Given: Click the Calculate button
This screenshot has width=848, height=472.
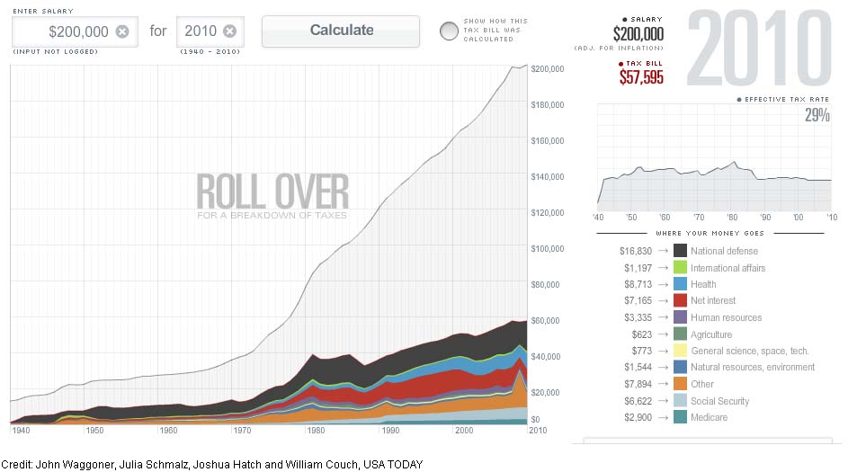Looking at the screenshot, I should [x=341, y=31].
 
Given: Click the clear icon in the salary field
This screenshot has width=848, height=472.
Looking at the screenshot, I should [x=122, y=31].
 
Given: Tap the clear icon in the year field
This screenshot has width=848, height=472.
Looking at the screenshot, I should [x=229, y=31].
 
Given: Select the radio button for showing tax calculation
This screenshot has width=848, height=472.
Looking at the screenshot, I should [x=449, y=31].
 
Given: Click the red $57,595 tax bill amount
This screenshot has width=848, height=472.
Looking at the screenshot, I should [x=641, y=77].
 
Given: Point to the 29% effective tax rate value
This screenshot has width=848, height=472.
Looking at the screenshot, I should [x=817, y=115].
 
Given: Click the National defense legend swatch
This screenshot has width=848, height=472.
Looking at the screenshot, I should [x=680, y=251].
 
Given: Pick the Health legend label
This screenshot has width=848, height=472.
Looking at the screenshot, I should [x=704, y=284].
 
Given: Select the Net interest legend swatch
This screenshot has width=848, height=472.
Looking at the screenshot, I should [x=680, y=300].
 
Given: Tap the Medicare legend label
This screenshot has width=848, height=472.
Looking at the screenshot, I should [x=710, y=417].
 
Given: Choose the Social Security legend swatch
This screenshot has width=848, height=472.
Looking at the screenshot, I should [x=680, y=401].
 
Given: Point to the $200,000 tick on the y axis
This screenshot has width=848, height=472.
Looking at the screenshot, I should [x=548, y=68].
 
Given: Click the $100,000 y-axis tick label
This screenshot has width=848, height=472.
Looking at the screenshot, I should [x=548, y=248].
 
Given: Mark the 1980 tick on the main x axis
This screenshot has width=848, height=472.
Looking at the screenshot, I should [x=314, y=431].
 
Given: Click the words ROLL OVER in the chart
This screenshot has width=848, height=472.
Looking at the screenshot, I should [x=272, y=191].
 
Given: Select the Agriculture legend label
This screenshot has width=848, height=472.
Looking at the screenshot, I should [x=711, y=334].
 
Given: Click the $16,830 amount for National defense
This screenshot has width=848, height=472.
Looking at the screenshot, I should [x=638, y=251].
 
